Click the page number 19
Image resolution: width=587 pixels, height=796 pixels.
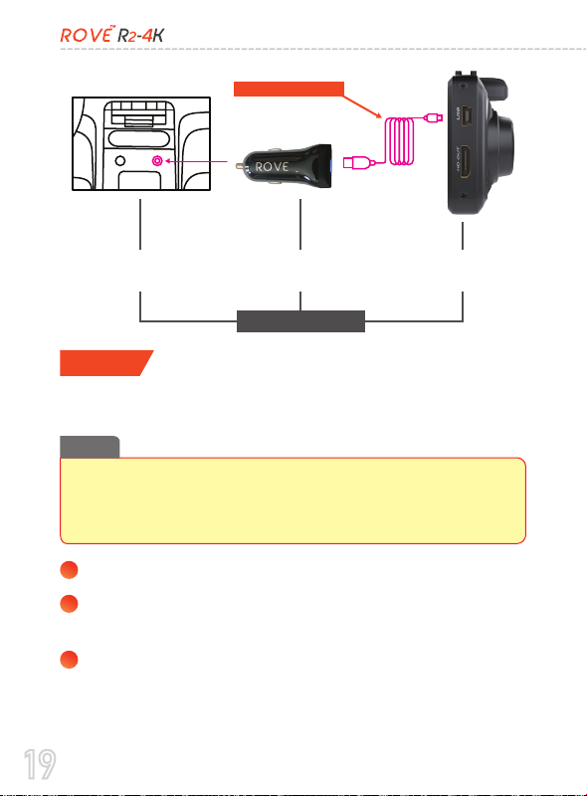tap(40, 764)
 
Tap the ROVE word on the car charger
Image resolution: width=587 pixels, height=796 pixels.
tap(273, 167)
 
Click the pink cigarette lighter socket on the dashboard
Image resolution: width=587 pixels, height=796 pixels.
tap(157, 161)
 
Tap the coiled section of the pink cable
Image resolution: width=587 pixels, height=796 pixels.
tap(400, 141)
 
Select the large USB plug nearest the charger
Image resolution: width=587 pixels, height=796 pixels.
tap(353, 163)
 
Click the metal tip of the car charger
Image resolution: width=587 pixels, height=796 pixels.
tap(239, 165)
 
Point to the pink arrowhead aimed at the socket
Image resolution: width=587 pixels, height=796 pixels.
tap(168, 161)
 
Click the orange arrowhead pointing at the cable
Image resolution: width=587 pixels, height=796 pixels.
tap(378, 114)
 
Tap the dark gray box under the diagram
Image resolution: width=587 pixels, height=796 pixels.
tap(300, 321)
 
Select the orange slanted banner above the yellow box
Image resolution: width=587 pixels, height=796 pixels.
tap(106, 363)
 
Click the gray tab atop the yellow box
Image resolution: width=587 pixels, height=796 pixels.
tap(90, 447)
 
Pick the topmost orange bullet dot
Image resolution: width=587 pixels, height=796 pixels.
tap(69, 569)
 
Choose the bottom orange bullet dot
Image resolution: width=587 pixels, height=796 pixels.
tap(69, 660)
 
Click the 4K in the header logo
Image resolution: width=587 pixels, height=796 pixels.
tap(153, 36)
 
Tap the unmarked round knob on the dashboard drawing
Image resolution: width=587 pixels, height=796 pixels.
tap(120, 161)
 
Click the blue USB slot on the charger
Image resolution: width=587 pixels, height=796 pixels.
tap(330, 166)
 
